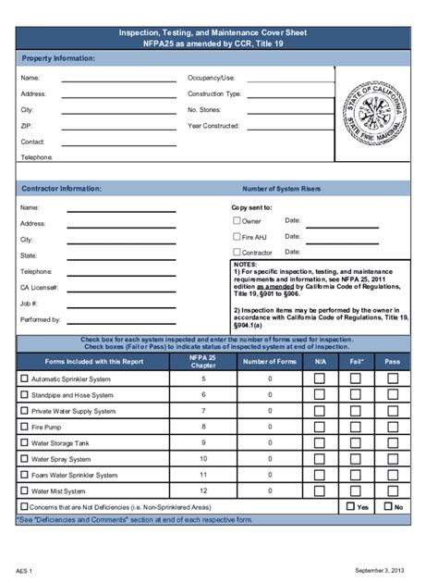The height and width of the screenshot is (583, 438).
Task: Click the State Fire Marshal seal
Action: point(373,117)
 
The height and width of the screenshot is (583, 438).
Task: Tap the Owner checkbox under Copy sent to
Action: point(237,220)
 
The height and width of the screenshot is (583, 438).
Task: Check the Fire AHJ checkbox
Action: point(237,236)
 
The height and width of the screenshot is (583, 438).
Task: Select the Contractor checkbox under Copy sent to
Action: point(237,252)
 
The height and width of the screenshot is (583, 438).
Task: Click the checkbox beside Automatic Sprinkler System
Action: point(25,378)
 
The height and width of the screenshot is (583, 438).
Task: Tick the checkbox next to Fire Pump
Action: point(25,427)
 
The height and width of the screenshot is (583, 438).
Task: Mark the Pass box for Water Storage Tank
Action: point(392,442)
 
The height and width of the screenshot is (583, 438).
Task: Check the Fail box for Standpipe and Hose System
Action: point(356,394)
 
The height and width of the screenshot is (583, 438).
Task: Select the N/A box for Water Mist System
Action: point(320,490)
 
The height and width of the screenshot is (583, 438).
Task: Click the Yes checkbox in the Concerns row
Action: point(351,506)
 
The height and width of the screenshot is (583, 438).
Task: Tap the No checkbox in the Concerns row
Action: point(388,506)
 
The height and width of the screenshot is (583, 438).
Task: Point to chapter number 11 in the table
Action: point(203,475)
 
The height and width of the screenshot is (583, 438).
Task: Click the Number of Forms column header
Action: point(270,361)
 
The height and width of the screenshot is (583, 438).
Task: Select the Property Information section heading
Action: point(58,58)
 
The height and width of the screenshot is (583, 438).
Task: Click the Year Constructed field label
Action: point(214,126)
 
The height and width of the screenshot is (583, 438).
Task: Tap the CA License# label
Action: point(40,288)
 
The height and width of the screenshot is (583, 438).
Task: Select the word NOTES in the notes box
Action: point(245,264)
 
